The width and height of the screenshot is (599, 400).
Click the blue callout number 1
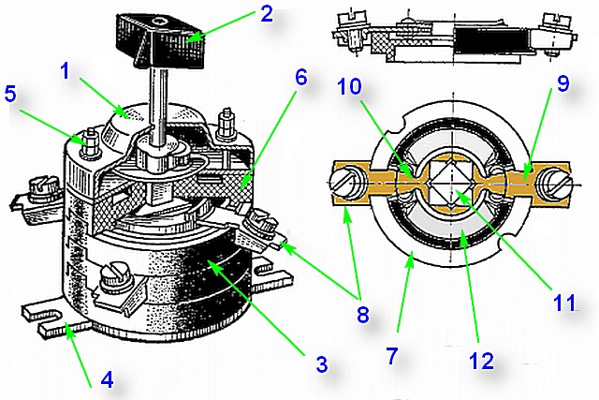(x=66, y=71)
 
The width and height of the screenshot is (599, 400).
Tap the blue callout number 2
(x=266, y=14)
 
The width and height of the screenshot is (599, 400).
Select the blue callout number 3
(x=322, y=364)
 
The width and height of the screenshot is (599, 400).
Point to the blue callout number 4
(x=108, y=379)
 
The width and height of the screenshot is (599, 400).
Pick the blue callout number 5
(x=10, y=94)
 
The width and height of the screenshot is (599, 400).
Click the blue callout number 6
(x=301, y=78)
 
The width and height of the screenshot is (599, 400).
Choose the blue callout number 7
(x=392, y=356)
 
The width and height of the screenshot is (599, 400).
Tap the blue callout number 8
(x=363, y=314)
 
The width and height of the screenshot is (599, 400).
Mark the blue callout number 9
(x=563, y=82)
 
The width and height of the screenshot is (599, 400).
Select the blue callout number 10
(x=349, y=86)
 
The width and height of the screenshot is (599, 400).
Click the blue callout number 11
(x=564, y=303)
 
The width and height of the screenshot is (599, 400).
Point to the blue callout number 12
(x=482, y=361)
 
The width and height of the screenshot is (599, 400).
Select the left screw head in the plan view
(x=345, y=181)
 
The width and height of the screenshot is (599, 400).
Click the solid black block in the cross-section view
(x=490, y=41)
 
